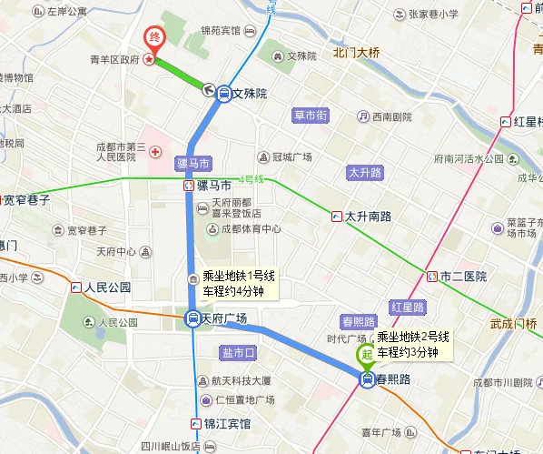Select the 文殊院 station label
tap(250, 93)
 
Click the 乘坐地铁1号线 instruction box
tap(232, 284)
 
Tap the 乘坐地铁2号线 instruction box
tap(408, 344)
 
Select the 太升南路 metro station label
tap(367, 217)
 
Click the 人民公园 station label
tap(108, 288)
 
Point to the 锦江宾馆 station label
tap(226, 424)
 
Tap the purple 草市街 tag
tap(309, 116)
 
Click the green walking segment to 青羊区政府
tap(180, 73)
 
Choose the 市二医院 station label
tap(463, 276)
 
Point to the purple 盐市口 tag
tap(239, 351)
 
